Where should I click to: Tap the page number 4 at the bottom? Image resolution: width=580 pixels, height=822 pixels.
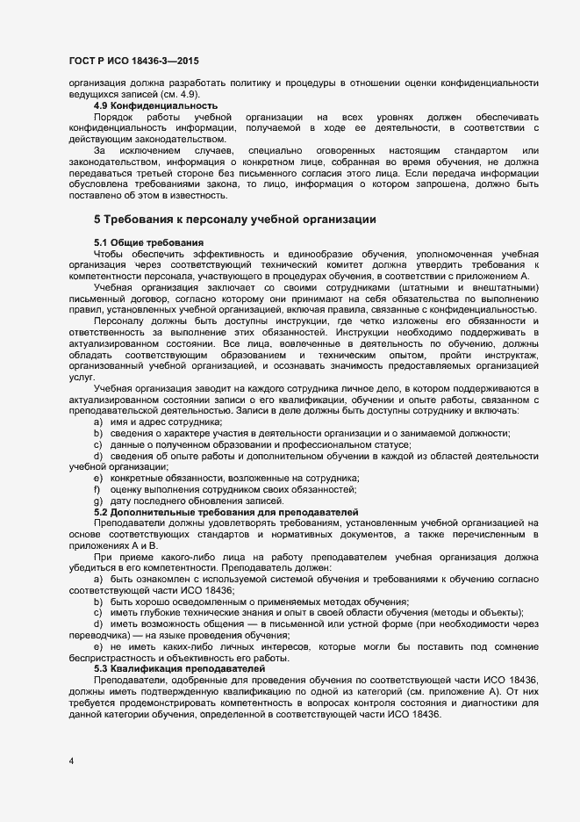[71, 761]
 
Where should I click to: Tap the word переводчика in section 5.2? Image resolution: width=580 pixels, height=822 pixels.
[99, 634]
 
